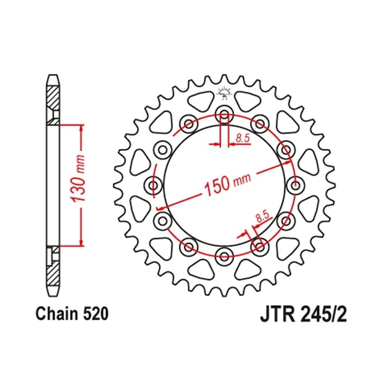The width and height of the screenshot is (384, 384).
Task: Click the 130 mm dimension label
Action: pyautogui.click(x=80, y=178)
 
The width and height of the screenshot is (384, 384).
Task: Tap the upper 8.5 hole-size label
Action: pyautogui.click(x=243, y=138)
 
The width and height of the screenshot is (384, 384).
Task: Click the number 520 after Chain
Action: pyautogui.click(x=96, y=314)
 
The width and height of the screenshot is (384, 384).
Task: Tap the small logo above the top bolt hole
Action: pyautogui.click(x=224, y=94)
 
